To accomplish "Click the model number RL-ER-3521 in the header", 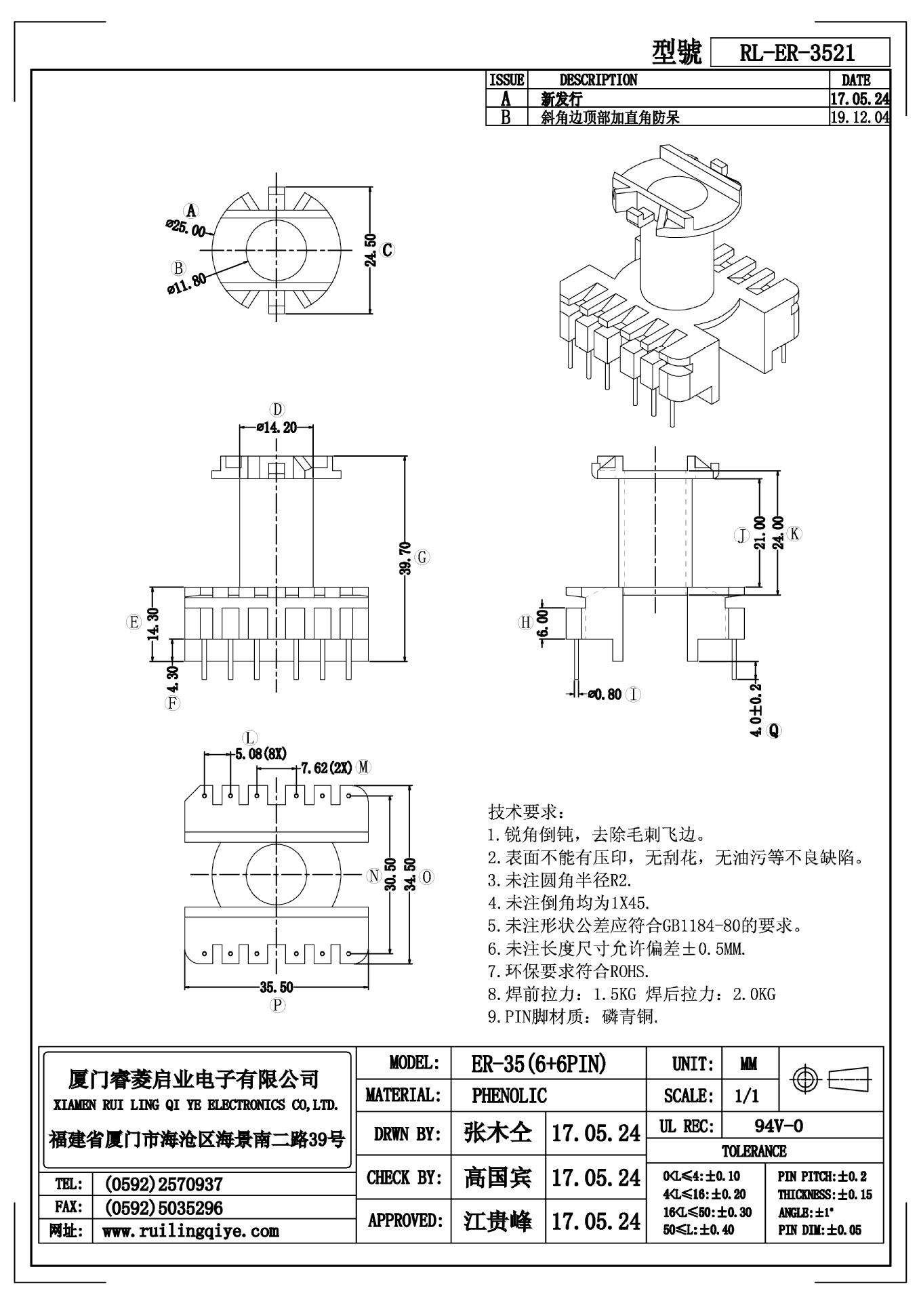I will point(797,53).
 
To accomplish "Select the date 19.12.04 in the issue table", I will point(859,117).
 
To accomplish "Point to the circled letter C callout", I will point(387,250).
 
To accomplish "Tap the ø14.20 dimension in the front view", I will point(277,428).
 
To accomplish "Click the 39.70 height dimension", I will point(405,558).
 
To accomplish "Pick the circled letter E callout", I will point(134,622).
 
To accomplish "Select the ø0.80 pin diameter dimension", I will point(605,695).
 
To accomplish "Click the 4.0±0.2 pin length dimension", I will point(756,710).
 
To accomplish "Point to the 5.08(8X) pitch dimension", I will point(260,753).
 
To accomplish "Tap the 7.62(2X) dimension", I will point(327,768).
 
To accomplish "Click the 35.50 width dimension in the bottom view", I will point(277,987).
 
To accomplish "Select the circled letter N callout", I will point(373,876).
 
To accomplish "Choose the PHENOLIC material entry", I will point(509,1096).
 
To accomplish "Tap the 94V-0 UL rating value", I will point(779,1126).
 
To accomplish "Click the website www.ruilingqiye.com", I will point(190,1231).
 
